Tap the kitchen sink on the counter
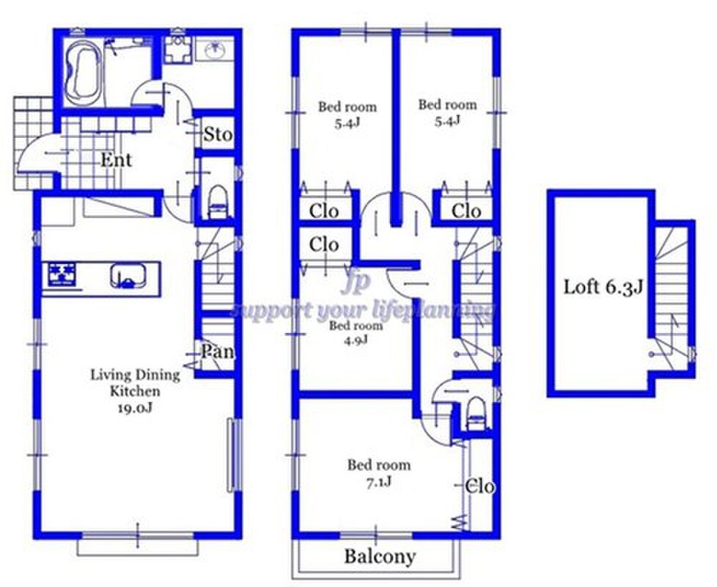(128, 276)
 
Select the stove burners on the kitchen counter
(62, 274)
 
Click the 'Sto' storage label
(218, 134)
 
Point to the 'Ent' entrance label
(116, 160)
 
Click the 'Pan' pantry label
(218, 351)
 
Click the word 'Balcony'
(380, 557)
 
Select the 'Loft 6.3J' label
(603, 288)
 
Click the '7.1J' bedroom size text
(378, 482)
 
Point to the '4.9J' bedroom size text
(356, 340)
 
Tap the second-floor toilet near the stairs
(476, 413)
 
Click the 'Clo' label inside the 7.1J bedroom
(479, 486)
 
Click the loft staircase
(672, 299)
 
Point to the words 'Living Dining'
(136, 376)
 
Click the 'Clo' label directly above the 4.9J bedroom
(324, 244)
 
